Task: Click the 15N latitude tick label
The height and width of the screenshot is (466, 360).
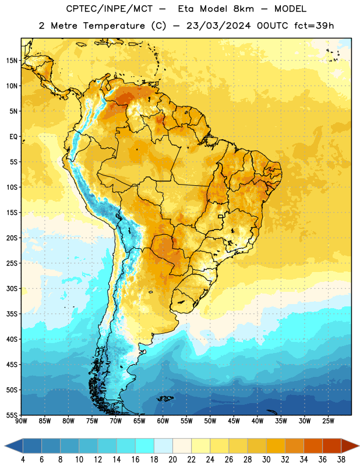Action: click(x=12, y=61)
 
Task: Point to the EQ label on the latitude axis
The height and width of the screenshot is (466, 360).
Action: click(x=13, y=137)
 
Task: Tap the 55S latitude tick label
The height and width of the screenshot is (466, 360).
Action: click(x=12, y=415)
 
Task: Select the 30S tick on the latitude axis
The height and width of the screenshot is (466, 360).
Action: click(x=12, y=288)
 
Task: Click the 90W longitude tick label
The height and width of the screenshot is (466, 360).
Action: click(x=21, y=421)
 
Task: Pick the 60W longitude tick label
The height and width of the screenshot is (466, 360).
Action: click(x=163, y=421)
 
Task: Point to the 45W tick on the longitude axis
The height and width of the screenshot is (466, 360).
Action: click(x=234, y=421)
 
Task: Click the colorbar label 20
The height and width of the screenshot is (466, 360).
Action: click(x=172, y=460)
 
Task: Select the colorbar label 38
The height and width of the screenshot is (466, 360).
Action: click(x=341, y=460)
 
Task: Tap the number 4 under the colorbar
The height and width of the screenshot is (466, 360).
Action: click(x=23, y=460)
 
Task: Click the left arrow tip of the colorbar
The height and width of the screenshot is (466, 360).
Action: click(x=5, y=446)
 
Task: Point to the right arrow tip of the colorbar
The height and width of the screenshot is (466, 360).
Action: click(x=359, y=446)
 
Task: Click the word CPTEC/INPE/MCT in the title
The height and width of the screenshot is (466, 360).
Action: click(x=109, y=9)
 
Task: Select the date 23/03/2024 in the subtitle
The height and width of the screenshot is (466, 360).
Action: click(x=218, y=26)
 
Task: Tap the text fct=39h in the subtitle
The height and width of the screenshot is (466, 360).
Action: click(x=314, y=26)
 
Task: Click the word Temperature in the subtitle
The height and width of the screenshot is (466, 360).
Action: click(x=114, y=26)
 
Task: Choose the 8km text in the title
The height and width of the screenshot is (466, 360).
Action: click(x=243, y=9)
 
